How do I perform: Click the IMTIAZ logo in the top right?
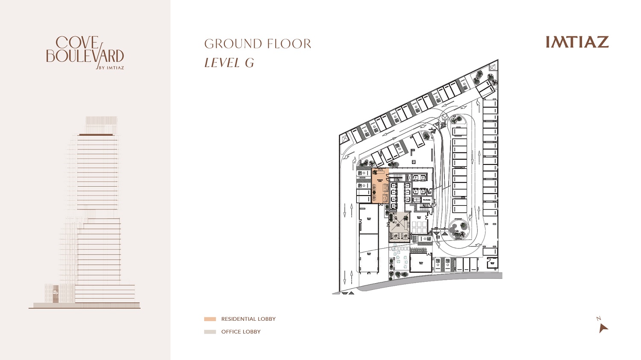577,42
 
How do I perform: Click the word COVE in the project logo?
77,43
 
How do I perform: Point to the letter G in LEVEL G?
249,63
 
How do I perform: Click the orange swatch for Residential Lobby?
210,319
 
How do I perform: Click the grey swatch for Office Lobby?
210,332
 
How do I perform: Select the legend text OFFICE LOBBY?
241,332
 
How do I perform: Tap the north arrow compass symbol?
603,327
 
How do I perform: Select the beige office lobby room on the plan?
399,227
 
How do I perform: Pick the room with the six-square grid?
419,227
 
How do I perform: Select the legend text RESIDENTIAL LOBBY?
248,319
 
